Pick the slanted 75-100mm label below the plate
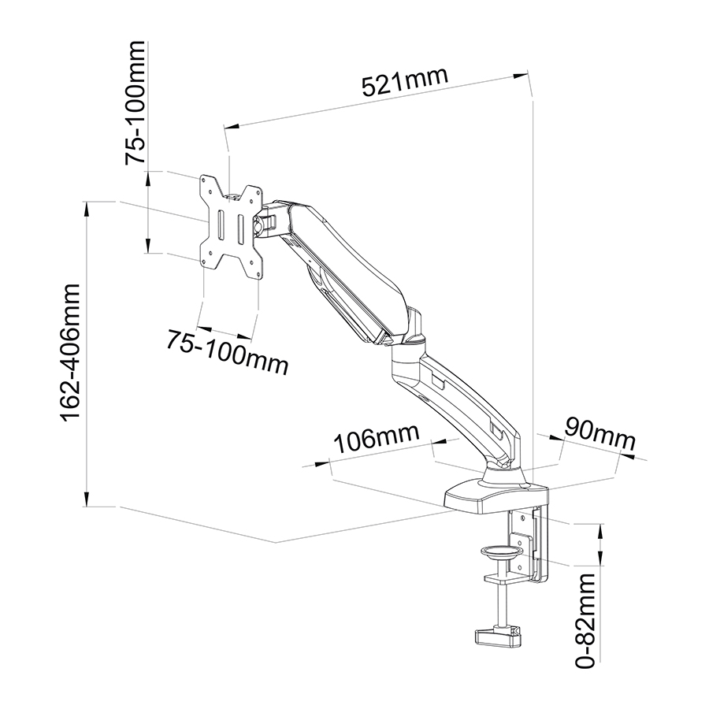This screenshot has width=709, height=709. point(227,351)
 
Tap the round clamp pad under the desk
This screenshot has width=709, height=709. point(499,552)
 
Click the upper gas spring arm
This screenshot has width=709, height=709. point(339,268)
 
